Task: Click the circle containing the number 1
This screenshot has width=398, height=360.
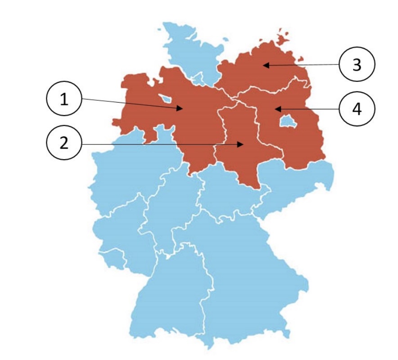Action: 64,100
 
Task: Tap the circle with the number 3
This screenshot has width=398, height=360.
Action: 357,65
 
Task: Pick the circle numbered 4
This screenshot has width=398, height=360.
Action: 357,109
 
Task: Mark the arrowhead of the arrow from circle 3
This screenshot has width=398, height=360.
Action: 265,65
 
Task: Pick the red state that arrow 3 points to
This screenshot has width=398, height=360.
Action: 261,72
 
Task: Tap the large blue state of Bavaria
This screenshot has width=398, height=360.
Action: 243,270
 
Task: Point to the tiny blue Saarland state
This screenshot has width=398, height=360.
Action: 110,258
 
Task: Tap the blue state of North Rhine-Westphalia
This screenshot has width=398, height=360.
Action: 131,171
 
